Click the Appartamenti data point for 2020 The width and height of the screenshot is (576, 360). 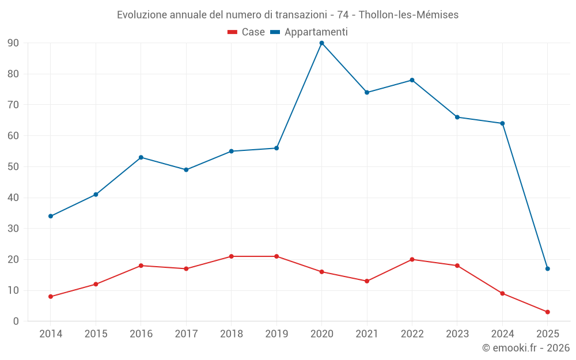pyautogui.click(x=321, y=43)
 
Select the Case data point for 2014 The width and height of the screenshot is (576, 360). pyautogui.click(x=51, y=297)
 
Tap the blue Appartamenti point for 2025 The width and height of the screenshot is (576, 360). pyautogui.click(x=547, y=268)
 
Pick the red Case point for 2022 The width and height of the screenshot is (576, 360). pyautogui.click(x=412, y=259)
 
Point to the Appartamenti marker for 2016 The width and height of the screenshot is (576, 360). pyautogui.click(x=141, y=157)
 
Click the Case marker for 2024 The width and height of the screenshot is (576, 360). pyautogui.click(x=502, y=293)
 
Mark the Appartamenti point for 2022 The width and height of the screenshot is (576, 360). pyautogui.click(x=412, y=80)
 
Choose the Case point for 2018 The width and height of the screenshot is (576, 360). pyautogui.click(x=231, y=256)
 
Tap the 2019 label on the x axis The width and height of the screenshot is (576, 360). pyautogui.click(x=276, y=334)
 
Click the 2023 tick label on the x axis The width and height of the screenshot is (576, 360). pyautogui.click(x=457, y=334)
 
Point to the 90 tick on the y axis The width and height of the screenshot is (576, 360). pyautogui.click(x=13, y=43)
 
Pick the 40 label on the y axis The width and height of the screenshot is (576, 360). pyautogui.click(x=13, y=198)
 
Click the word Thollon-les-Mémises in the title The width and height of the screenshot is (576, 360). pyautogui.click(x=408, y=15)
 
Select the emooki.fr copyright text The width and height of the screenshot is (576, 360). pyautogui.click(x=526, y=348)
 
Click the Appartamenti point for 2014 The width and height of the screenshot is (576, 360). pyautogui.click(x=51, y=216)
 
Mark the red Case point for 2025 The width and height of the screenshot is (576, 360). pyautogui.click(x=547, y=312)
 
